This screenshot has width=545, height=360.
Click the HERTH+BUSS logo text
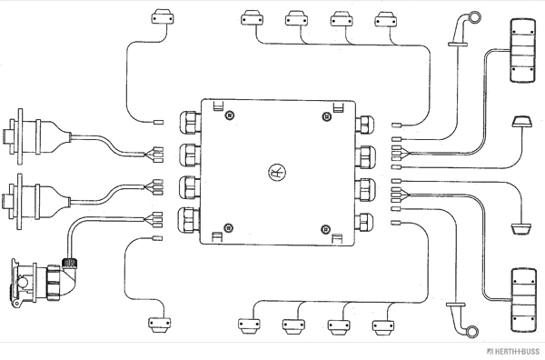[514, 351]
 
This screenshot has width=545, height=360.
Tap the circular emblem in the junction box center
[277, 173]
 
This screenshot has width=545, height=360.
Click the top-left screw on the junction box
[229, 115]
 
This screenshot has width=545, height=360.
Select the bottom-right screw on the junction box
[326, 229]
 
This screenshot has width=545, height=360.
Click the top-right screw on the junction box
[327, 116]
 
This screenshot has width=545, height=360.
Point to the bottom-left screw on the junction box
[228, 228]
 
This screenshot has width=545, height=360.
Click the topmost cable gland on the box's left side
[190, 123]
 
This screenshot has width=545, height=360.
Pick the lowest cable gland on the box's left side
[190, 221]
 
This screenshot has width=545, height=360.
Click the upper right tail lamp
[523, 51]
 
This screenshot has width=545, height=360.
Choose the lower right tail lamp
[523, 300]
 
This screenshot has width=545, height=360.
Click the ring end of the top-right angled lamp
[474, 16]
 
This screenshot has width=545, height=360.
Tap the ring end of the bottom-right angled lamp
[471, 332]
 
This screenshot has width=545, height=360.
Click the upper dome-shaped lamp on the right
[522, 123]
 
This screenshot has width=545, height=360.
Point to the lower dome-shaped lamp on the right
[521, 228]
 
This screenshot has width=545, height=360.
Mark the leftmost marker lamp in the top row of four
[252, 18]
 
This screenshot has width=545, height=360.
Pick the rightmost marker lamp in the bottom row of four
[383, 326]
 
